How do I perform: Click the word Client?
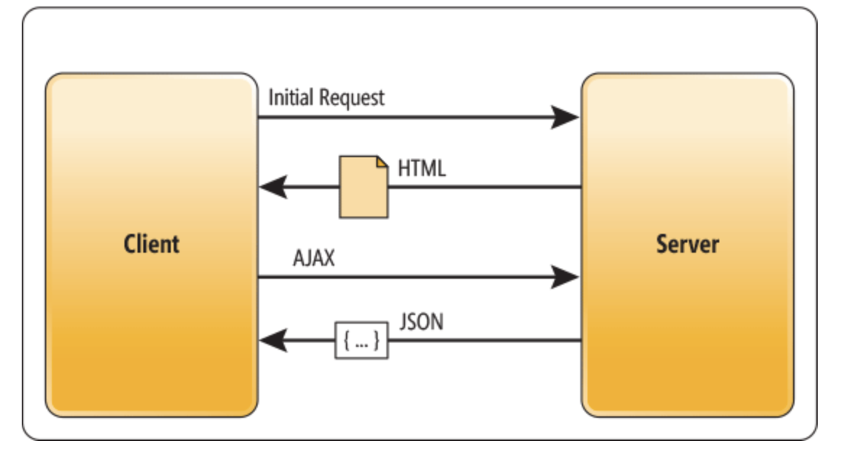(152, 244)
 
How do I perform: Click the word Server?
(687, 244)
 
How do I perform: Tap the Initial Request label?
(326, 98)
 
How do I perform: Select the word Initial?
(290, 97)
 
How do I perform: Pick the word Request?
(352, 98)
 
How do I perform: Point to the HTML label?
(421, 169)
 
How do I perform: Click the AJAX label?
(313, 258)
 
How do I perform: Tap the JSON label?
(421, 321)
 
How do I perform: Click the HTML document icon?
(363, 188)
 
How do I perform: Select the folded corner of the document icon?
(382, 162)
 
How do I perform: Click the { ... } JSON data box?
(361, 340)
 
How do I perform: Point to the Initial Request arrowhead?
(564, 117)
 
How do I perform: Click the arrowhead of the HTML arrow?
(273, 188)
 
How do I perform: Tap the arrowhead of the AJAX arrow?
(564, 277)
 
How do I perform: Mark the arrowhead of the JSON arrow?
(273, 340)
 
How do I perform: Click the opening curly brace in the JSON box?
(347, 340)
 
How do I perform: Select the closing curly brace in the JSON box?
(376, 340)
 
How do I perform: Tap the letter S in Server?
(662, 244)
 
